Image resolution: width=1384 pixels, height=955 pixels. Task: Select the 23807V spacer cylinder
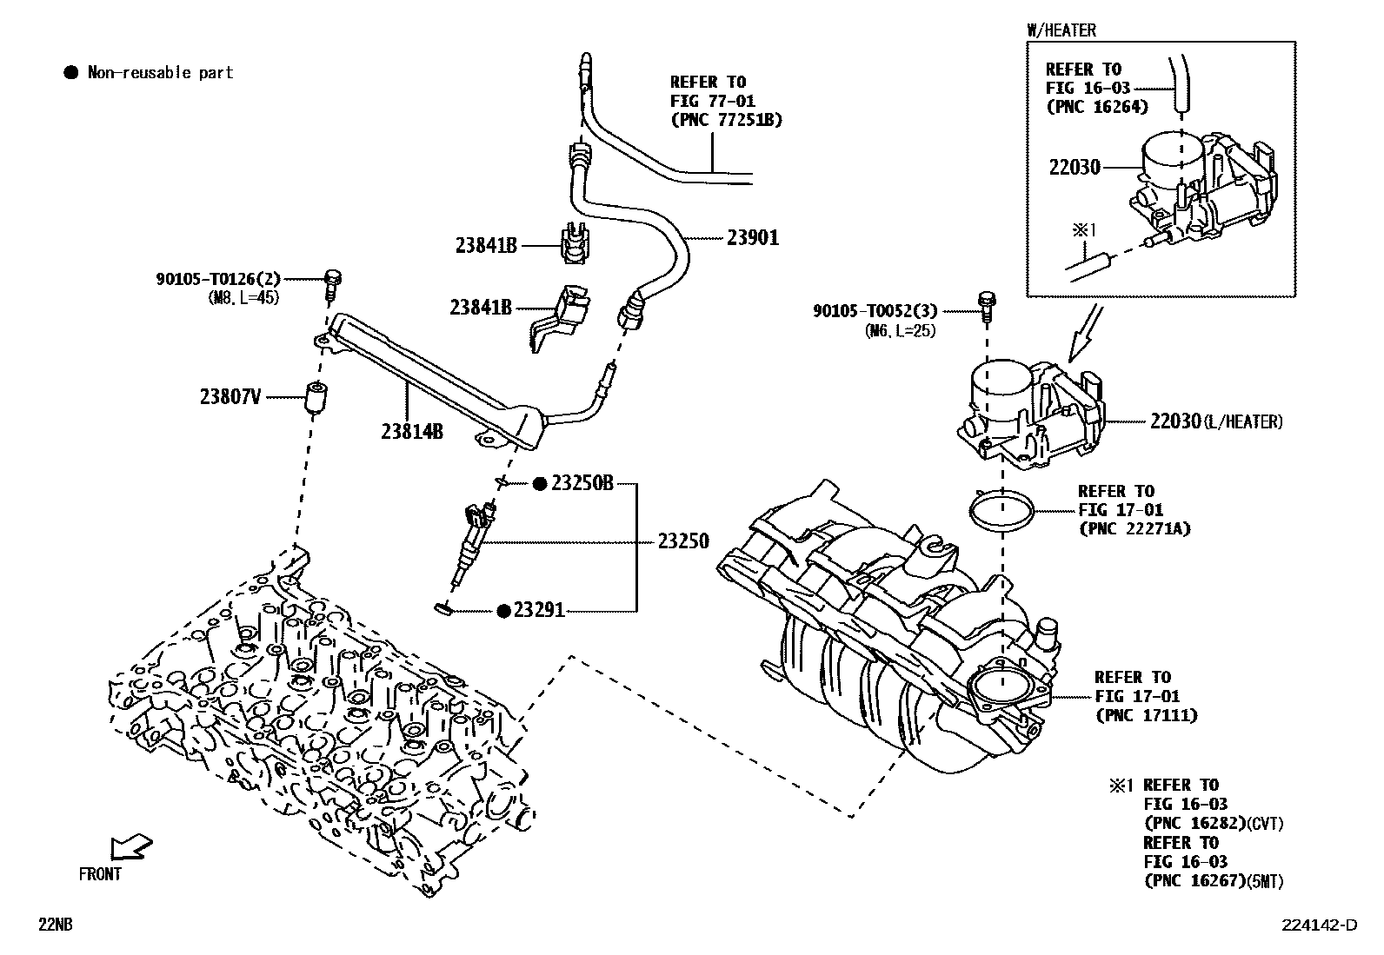click(318, 398)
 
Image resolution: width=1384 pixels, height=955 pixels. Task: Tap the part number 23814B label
click(411, 430)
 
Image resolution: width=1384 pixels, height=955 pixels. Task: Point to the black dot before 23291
click(503, 611)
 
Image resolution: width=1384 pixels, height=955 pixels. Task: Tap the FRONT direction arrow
click(130, 846)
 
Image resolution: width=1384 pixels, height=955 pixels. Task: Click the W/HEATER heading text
click(1061, 30)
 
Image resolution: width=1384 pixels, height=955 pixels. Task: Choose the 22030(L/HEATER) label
click(1215, 421)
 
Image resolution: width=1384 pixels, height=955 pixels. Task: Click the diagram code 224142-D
click(1318, 925)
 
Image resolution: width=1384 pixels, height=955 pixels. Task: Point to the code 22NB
click(54, 925)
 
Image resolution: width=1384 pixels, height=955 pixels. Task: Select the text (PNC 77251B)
click(726, 120)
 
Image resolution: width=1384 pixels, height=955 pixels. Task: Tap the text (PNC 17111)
click(1146, 715)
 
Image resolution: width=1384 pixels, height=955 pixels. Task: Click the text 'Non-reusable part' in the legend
click(160, 73)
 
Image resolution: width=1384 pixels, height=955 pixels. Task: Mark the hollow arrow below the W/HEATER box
click(1086, 334)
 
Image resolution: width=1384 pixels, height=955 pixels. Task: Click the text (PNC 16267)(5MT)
click(1213, 881)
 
